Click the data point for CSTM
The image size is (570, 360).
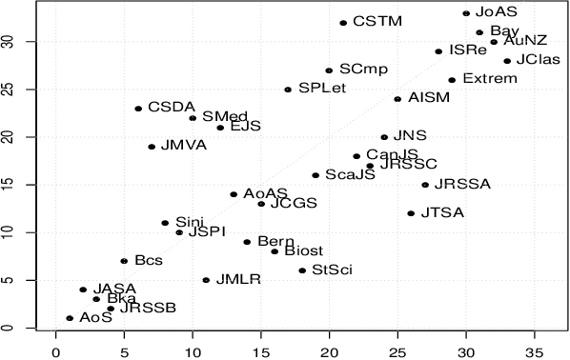click(343, 23)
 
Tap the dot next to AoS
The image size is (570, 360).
click(70, 318)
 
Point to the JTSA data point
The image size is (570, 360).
click(411, 213)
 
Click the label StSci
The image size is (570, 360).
click(332, 270)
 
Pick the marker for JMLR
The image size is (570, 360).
click(206, 280)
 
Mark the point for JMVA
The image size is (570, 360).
click(152, 147)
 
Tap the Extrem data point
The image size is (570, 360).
click(452, 80)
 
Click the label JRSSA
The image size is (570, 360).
click(461, 185)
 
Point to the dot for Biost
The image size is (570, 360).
click(275, 251)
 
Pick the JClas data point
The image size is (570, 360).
click(507, 61)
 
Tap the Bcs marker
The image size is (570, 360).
click(124, 261)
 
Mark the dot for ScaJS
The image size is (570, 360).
click(316, 175)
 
